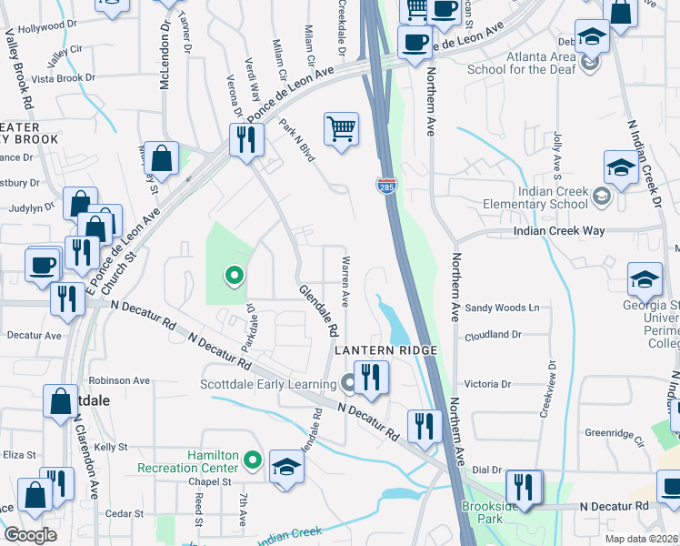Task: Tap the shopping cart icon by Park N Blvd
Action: (x=341, y=128)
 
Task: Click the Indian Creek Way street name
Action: (x=559, y=231)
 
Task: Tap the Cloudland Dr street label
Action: (x=492, y=334)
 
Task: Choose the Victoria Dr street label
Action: (x=489, y=384)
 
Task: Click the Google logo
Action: (x=30, y=535)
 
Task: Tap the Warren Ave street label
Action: (x=345, y=286)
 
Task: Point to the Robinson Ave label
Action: (x=119, y=380)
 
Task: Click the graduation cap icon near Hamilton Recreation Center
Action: (x=286, y=468)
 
